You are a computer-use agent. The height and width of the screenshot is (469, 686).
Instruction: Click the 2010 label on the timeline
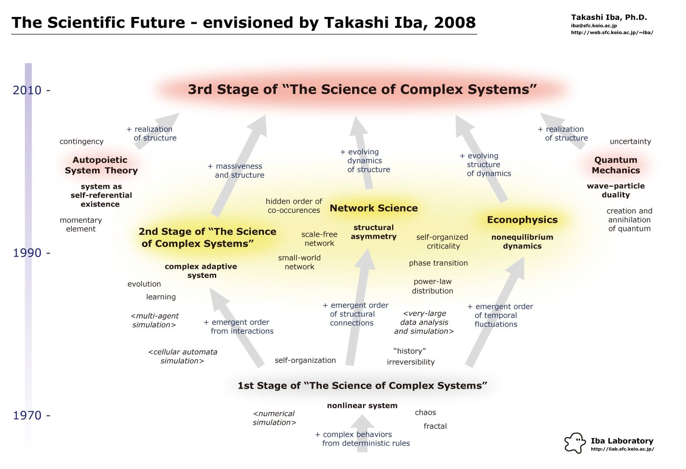point(27,90)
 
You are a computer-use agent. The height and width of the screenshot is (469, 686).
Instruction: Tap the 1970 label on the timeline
point(27,416)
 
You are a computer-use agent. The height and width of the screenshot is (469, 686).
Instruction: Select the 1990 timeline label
point(27,253)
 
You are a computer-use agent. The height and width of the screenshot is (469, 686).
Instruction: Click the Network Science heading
point(374,208)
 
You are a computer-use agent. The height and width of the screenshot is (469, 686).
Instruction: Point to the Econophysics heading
point(522,220)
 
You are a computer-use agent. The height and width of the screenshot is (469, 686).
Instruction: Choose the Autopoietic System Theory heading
point(101,165)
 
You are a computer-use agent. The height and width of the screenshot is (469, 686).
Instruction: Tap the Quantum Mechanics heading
point(616,165)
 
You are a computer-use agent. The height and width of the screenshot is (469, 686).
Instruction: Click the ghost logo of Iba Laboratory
point(575,443)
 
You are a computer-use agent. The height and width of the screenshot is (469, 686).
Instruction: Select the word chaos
point(425,413)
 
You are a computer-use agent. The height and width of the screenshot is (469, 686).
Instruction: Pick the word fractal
point(435,426)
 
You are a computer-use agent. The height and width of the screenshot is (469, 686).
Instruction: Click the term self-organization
point(305,360)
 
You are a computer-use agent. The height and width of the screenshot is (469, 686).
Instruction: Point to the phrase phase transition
point(438,263)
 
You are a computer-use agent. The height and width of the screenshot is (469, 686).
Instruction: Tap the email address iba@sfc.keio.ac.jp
point(594,26)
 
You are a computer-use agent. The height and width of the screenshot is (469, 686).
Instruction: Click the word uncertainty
point(630,142)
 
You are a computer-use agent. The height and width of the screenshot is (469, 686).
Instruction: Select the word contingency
point(82,142)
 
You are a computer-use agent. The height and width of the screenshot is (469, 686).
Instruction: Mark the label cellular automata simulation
point(182,356)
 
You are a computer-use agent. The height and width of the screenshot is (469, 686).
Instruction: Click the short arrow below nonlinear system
point(362,433)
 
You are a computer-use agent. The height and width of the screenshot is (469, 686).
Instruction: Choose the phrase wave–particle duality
point(616,190)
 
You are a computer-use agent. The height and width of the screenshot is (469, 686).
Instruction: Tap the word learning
point(161,297)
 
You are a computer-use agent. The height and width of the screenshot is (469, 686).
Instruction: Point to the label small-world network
point(299,262)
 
